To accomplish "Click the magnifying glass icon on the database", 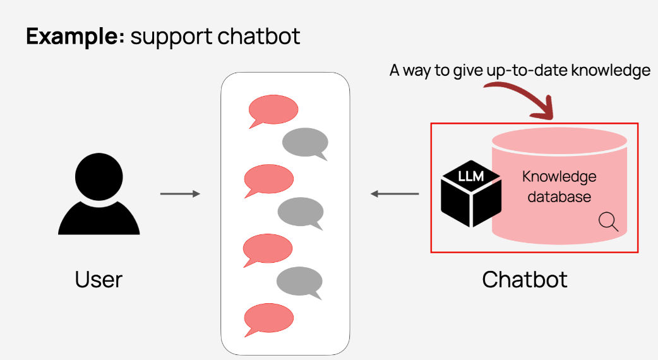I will point(608,221).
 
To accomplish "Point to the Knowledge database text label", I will point(559,186).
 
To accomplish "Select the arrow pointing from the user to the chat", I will point(180,194).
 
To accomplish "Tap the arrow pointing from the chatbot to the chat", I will point(395,194).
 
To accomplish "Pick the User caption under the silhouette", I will point(99,279).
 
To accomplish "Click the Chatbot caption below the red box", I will point(525,279).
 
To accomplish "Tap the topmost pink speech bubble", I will point(272,111).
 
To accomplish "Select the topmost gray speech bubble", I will point(305,143).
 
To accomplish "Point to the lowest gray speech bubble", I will point(300,282).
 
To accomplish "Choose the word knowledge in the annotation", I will point(610,70).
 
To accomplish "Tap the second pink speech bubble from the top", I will point(269,178).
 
